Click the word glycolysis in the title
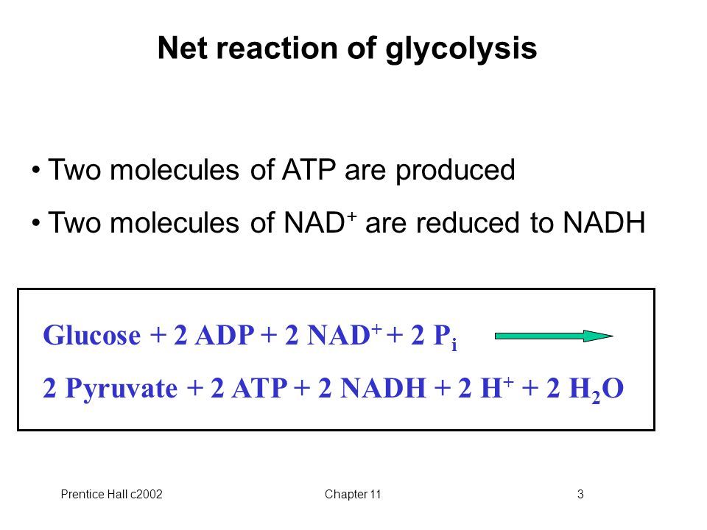tap(461, 49)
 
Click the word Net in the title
tap(183, 47)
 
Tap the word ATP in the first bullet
tap(309, 169)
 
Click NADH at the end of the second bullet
tap(604, 222)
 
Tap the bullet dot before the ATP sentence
tap(36, 170)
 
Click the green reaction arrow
tap(554, 336)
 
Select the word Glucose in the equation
tap(91, 335)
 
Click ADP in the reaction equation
tap(225, 335)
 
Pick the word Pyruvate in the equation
tap(122, 389)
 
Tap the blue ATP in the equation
tap(259, 388)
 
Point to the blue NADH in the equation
tap(383, 388)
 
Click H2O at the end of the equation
tap(596, 389)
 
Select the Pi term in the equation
tap(445, 336)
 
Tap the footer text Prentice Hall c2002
tap(111, 494)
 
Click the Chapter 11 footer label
tap(353, 494)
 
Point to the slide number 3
tap(580, 494)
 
